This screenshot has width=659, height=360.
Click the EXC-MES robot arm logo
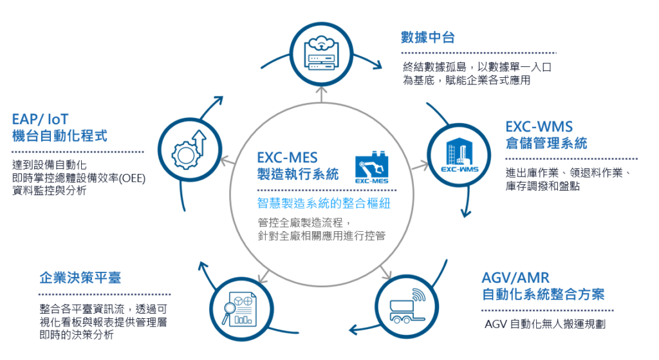click(371, 169)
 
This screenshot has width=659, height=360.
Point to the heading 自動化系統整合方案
click(543, 295)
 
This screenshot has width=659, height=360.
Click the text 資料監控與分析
click(48, 190)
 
